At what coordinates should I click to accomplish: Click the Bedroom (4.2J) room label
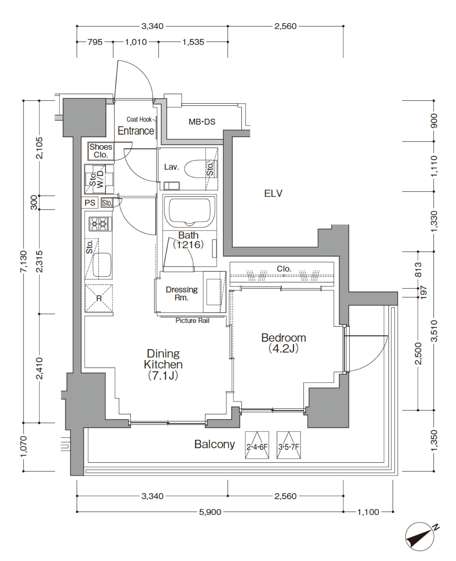tap(283, 343)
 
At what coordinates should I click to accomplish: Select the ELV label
tap(273, 194)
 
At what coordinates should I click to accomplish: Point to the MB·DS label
tap(202, 122)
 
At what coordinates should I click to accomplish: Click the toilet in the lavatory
tap(200, 169)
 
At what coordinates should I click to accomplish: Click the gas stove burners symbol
tap(100, 224)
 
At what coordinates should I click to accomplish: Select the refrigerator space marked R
tap(99, 298)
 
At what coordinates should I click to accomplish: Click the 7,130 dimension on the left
tap(24, 262)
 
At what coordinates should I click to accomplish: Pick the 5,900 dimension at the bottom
tap(210, 512)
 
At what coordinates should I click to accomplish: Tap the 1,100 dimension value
tap(368, 512)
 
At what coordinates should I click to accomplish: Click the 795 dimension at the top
tap(95, 42)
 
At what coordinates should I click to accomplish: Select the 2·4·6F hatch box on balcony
tap(257, 445)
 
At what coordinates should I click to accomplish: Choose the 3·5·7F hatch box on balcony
tap(288, 445)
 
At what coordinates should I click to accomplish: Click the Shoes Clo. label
tap(101, 151)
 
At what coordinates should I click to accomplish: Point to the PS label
tap(90, 203)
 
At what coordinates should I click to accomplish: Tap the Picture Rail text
tap(192, 320)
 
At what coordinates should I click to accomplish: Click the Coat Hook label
tap(139, 119)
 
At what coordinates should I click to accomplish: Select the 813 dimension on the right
tap(418, 269)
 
